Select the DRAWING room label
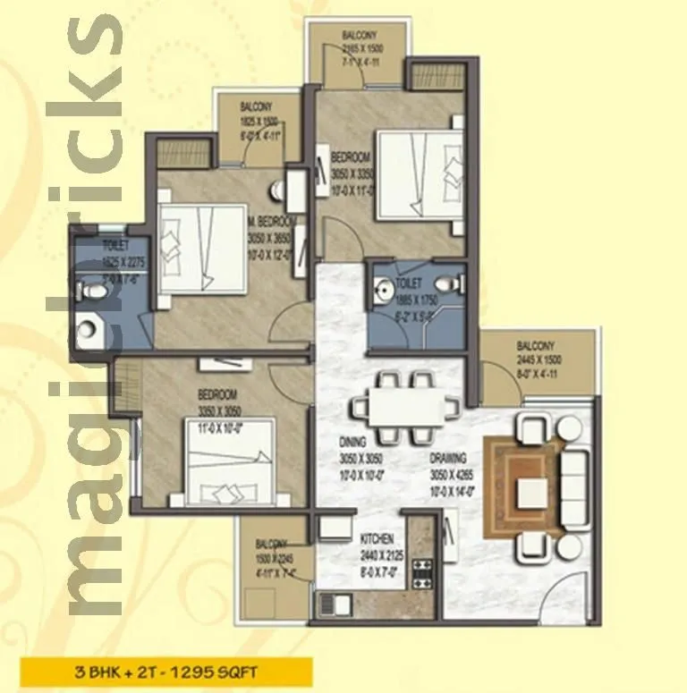449,454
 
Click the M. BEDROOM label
272,221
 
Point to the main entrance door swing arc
559,590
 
